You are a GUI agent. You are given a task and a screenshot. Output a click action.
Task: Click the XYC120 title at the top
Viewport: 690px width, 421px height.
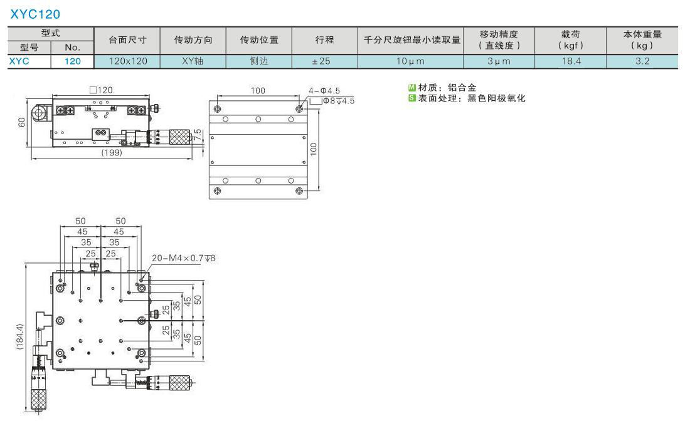pyautogui.click(x=35, y=14)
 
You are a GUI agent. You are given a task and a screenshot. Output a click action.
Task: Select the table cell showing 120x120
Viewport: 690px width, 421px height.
pyautogui.click(x=127, y=61)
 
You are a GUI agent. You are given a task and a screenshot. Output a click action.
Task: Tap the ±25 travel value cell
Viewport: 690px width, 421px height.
pyautogui.click(x=325, y=61)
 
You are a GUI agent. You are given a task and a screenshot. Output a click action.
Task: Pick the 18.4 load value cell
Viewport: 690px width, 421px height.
pyautogui.click(x=571, y=61)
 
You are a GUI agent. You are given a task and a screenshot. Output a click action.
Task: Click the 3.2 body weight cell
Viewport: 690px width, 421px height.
pyautogui.click(x=642, y=61)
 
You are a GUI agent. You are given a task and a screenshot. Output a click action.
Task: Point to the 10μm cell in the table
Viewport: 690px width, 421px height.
pyautogui.click(x=411, y=61)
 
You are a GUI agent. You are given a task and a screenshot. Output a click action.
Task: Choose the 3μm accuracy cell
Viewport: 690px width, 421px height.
pyautogui.click(x=499, y=61)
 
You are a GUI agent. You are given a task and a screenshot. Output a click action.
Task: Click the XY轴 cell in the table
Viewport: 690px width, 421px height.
pyautogui.click(x=193, y=61)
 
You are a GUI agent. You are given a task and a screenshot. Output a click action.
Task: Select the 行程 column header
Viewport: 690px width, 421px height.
pyautogui.click(x=325, y=40)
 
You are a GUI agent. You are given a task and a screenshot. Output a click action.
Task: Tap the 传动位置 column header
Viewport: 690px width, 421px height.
pyautogui.click(x=259, y=40)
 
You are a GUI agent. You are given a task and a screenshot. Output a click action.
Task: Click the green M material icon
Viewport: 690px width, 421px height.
pyautogui.click(x=412, y=88)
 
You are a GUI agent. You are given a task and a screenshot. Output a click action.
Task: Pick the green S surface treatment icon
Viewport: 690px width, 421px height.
pyautogui.click(x=412, y=98)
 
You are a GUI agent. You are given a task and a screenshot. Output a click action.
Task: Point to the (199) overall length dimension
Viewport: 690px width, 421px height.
pyautogui.click(x=112, y=152)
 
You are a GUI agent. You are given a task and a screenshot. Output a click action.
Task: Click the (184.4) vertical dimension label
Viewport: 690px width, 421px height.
pyautogui.click(x=20, y=336)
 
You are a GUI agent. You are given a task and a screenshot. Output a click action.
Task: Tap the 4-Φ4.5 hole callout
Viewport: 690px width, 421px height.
pyautogui.click(x=324, y=91)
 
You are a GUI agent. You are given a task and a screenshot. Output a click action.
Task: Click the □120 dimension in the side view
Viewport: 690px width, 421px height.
pyautogui.click(x=101, y=90)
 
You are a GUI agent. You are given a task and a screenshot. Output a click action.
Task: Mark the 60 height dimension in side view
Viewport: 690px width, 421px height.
pyautogui.click(x=22, y=122)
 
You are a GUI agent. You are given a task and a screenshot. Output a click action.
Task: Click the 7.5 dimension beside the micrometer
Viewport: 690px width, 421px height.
pyautogui.click(x=198, y=135)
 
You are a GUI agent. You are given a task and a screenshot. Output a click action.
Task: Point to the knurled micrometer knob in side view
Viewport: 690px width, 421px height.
pyautogui.click(x=179, y=137)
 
